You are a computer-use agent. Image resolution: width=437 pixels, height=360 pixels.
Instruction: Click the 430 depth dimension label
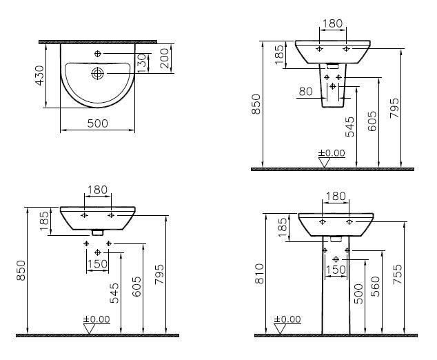pos(40,75)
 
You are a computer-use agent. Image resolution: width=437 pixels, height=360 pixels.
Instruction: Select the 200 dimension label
pos(165,59)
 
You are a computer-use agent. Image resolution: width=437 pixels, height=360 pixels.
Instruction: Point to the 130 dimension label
pos(141,63)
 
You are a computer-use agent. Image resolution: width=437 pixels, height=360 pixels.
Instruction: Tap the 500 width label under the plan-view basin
pos(98,123)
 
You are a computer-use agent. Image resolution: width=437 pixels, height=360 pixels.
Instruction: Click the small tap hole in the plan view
pos(98,54)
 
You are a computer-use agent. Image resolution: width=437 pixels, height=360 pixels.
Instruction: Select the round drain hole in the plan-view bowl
pos(98,73)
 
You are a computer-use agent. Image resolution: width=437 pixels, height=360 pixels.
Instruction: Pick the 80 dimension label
pos(306,91)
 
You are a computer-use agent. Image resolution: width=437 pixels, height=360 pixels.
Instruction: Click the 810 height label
pos(259,274)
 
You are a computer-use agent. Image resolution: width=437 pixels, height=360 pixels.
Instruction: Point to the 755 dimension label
pos(398,274)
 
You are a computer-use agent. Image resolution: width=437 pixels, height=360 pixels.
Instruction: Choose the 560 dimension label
pos(376,286)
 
